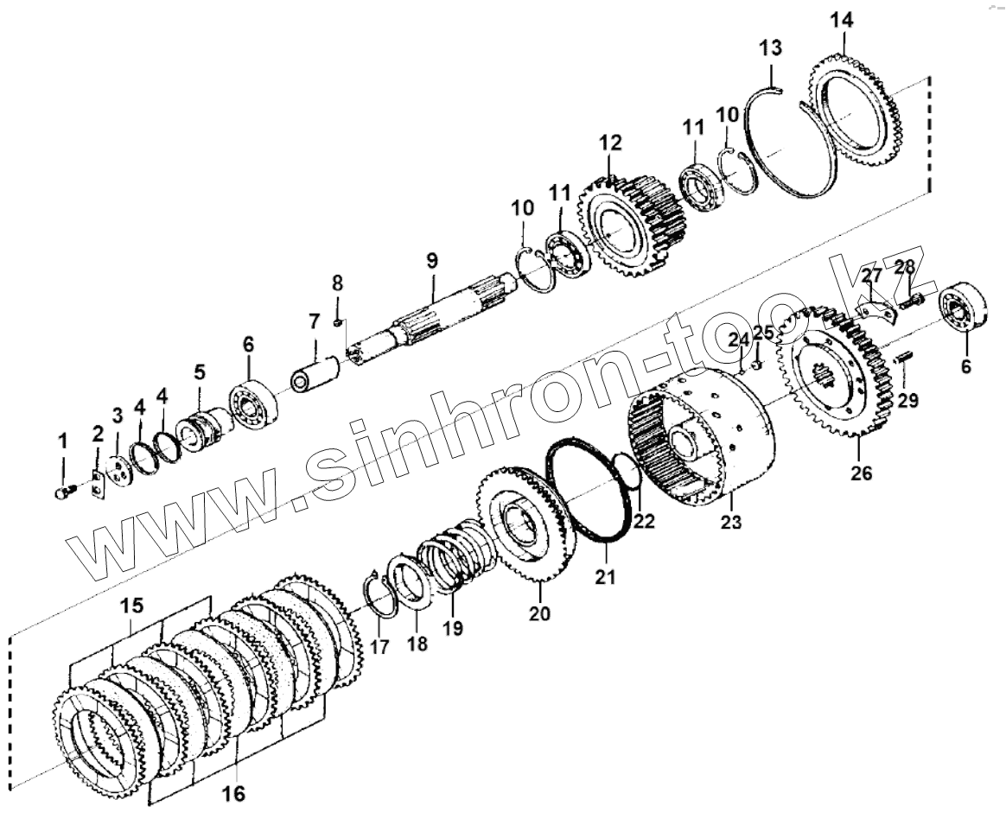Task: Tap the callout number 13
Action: [771, 48]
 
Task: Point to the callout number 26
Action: [862, 473]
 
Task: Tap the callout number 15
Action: [132, 606]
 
